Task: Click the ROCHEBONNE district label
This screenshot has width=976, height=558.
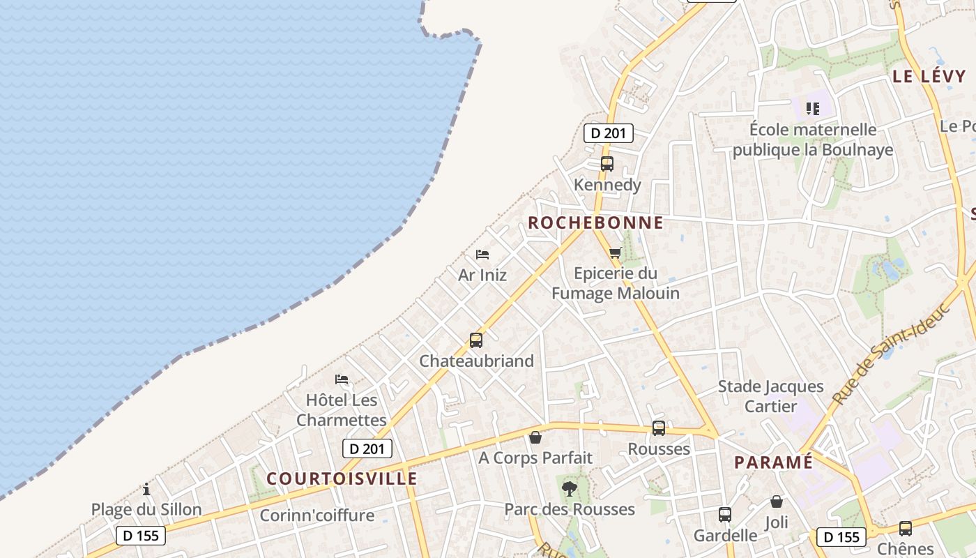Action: pos(595,223)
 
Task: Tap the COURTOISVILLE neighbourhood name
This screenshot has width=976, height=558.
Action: pos(342,478)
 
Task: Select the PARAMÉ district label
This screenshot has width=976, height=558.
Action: pos(773,462)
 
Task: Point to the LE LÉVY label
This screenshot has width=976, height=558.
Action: pos(929,77)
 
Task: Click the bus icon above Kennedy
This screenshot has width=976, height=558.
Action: pos(607,164)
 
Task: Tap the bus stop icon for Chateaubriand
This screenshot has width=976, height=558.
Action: pos(476,340)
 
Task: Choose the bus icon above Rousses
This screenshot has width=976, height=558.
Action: pos(659,428)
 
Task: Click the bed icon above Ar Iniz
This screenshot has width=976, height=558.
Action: pos(482,255)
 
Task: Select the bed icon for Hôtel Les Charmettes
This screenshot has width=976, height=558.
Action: pos(342,379)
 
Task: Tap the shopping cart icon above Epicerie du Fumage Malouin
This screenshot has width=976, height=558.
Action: pos(615,253)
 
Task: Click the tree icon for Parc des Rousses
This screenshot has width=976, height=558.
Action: pos(570,488)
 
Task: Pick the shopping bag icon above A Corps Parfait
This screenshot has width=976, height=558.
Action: pos(535,437)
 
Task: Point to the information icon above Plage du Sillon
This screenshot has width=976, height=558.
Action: pos(146,489)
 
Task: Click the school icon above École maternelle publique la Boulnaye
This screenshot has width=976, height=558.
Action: pos(813,108)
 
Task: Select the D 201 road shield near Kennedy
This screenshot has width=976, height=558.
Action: pos(608,133)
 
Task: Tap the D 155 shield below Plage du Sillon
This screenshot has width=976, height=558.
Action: pos(141,536)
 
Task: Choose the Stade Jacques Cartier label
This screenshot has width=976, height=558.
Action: pos(770,396)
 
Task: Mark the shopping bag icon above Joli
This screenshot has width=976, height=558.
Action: pos(777,502)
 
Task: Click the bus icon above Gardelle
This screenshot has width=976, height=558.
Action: pos(725,515)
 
